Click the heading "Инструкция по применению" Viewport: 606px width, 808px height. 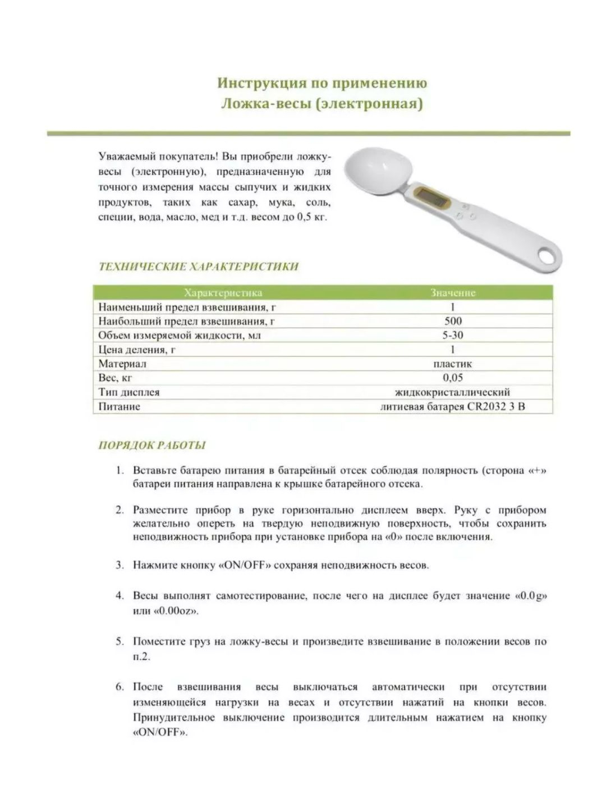pyautogui.click(x=322, y=83)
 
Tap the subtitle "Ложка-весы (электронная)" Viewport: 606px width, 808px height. pyautogui.click(x=322, y=104)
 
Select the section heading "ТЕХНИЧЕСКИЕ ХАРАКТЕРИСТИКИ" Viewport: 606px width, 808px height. pyautogui.click(x=198, y=267)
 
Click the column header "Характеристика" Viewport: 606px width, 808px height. pyautogui.click(x=223, y=293)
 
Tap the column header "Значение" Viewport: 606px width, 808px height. pyautogui.click(x=452, y=293)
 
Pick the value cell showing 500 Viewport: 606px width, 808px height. pyautogui.click(x=452, y=321)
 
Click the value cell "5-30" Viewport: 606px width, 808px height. pyautogui.click(x=452, y=336)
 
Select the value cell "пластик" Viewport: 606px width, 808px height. pyautogui.click(x=452, y=364)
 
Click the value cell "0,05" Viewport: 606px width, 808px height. pyautogui.click(x=452, y=378)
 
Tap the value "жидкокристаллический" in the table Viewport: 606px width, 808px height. pyautogui.click(x=452, y=392)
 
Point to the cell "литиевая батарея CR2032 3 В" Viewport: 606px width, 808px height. pyautogui.click(x=452, y=406)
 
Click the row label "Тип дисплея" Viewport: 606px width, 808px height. pyautogui.click(x=129, y=392)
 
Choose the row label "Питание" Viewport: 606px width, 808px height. pyautogui.click(x=119, y=406)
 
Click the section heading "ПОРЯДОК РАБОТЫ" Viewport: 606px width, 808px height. pyautogui.click(x=152, y=446)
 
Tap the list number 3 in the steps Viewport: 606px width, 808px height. pyautogui.click(x=120, y=565)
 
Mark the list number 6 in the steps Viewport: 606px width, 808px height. pyautogui.click(x=120, y=687)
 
